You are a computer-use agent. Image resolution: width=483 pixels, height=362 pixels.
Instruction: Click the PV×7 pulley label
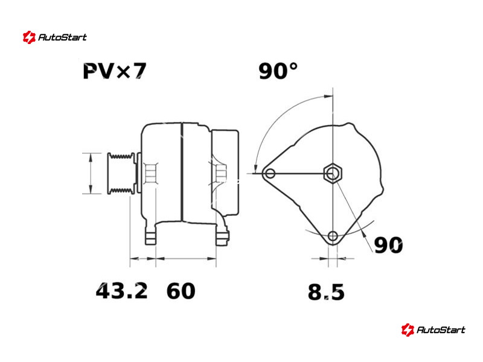115,71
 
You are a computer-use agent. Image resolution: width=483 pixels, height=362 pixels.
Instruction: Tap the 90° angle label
278,71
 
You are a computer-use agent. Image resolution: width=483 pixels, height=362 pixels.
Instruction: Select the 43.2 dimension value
122,291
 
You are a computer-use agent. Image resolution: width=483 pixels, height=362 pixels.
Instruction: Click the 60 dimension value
181,291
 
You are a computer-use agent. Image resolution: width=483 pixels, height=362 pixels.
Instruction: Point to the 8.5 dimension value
326,292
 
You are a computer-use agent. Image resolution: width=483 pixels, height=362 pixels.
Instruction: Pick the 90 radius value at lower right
388,245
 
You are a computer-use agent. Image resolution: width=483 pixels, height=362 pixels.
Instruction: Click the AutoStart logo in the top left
54,37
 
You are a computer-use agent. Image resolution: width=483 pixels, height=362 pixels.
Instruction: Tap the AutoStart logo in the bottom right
433,329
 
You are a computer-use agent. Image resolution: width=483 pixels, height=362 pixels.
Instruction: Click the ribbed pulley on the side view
121,173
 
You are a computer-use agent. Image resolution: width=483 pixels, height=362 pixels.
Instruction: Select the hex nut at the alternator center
333,173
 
